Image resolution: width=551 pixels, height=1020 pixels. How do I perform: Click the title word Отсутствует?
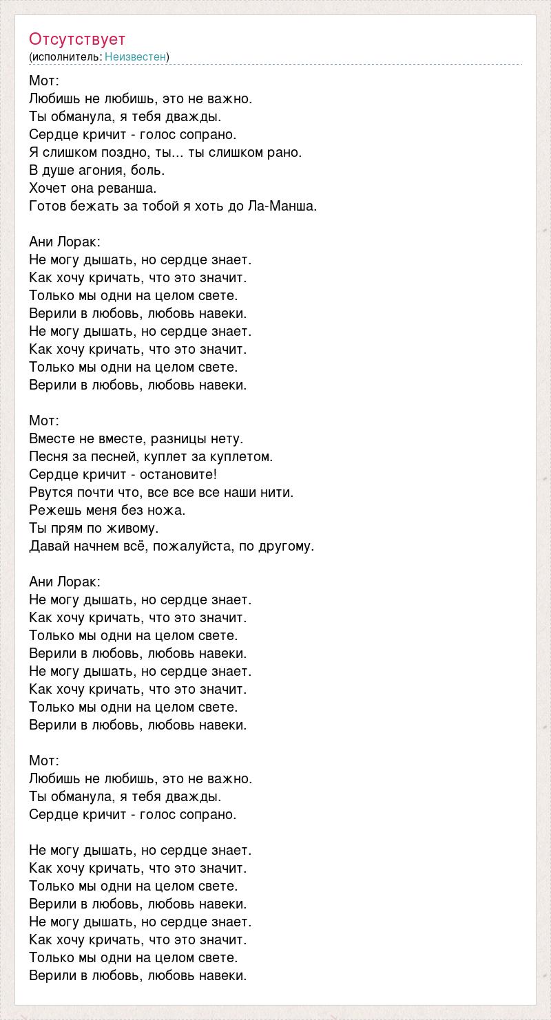pos(77,39)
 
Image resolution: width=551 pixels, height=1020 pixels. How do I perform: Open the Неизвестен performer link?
pos(136,56)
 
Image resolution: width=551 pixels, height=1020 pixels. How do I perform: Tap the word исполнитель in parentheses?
pos(66,56)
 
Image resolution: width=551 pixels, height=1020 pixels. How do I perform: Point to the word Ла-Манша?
pos(282,206)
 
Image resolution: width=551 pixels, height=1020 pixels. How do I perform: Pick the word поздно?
pos(113,152)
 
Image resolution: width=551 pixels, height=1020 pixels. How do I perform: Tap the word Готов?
pos(47,206)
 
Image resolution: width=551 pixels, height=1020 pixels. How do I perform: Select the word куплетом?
pos(244,456)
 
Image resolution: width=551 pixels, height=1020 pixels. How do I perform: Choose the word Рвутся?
pos(50,492)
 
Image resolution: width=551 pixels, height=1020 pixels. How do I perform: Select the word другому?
pos(284,546)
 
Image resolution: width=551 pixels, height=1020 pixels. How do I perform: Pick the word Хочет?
pos(47,188)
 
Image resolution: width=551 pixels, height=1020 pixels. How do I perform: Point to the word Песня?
pos(48,456)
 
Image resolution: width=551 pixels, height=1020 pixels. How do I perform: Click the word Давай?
pos(47,546)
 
